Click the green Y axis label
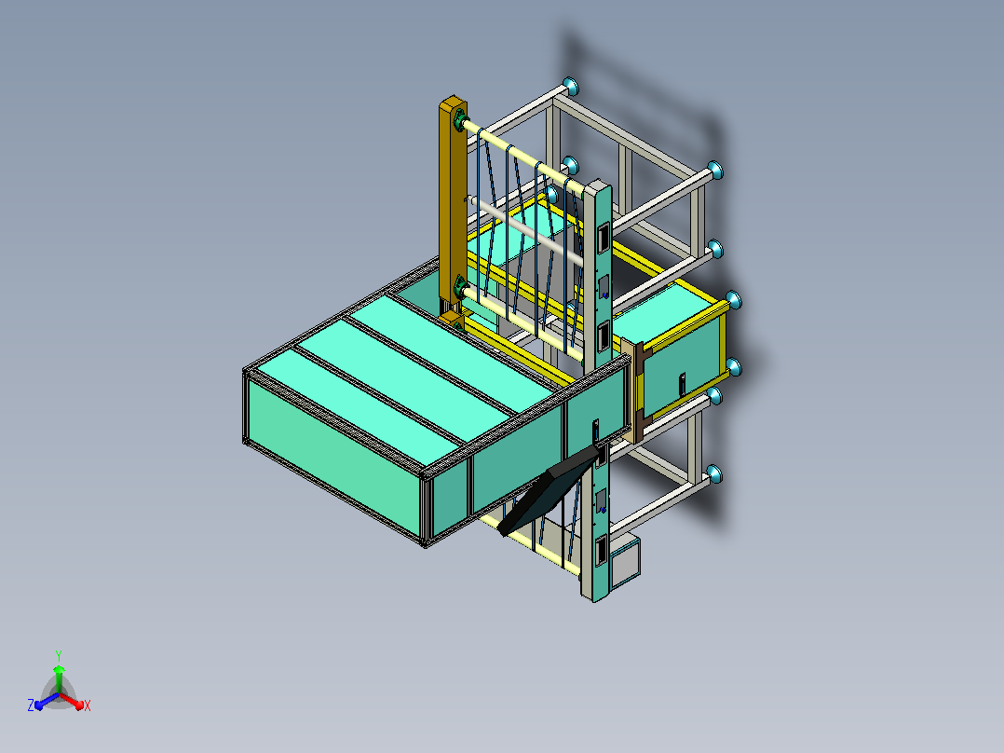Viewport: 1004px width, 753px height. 59,655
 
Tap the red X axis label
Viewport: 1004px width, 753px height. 88,705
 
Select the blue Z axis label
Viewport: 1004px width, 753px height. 31,705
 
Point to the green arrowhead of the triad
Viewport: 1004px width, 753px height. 59,669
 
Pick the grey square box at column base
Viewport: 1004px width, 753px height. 625,563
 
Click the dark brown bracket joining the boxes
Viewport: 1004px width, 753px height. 638,391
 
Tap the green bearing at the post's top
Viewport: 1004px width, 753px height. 458,120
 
